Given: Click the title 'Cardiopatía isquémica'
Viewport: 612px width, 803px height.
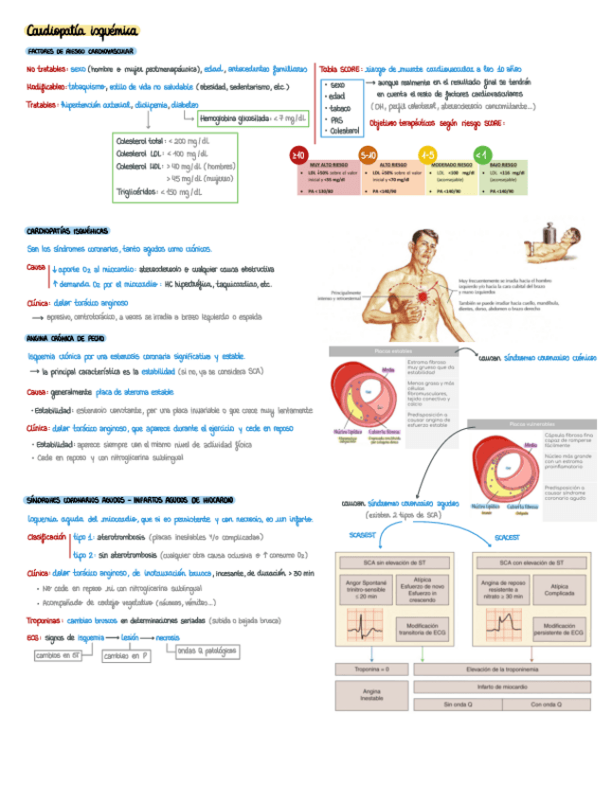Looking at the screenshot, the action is (x=81, y=31).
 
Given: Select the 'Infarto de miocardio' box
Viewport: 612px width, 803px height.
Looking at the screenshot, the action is (x=503, y=687).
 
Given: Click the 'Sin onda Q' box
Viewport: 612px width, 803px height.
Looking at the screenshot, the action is (x=459, y=704).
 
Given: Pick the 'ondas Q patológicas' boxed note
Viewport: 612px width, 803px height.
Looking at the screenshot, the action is (x=207, y=651).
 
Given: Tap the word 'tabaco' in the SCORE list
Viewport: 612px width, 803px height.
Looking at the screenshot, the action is (x=336, y=108).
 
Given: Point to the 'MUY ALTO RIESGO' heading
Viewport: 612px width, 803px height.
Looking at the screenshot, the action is (x=321, y=164).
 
